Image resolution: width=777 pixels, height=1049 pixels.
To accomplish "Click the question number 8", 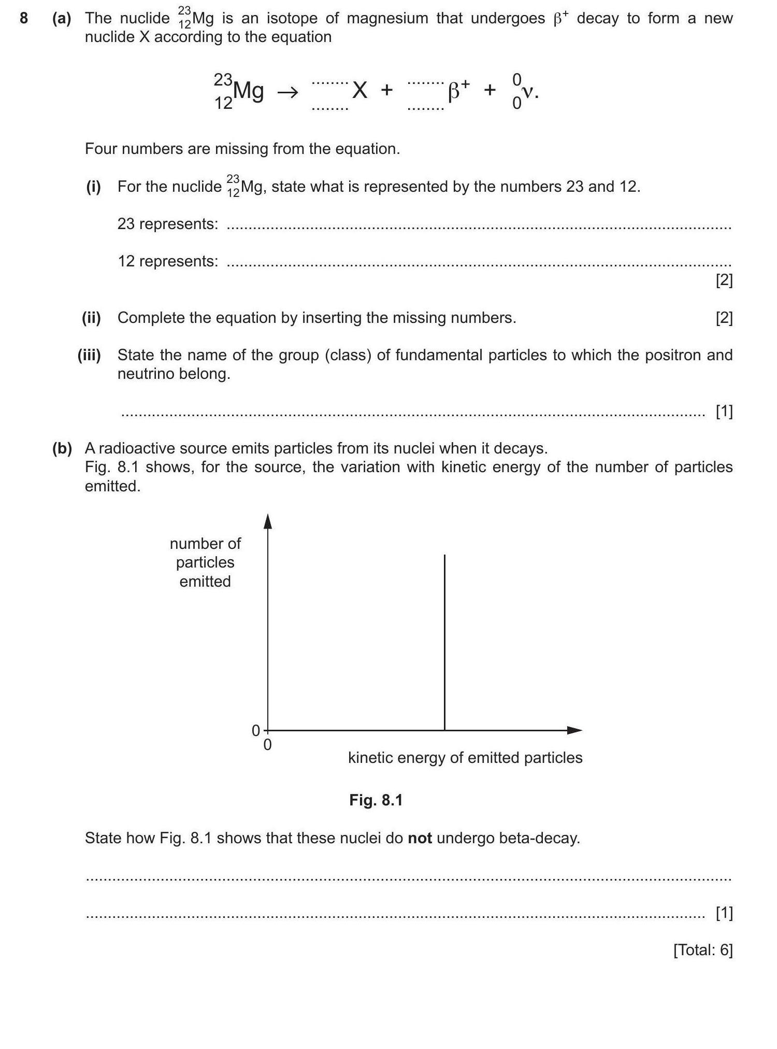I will pos(23,19).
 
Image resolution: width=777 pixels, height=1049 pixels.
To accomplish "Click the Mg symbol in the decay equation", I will pos(248,91).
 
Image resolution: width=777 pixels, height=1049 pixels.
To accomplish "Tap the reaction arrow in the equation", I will pos(287,93).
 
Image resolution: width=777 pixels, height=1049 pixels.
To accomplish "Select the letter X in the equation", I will pos(359,91).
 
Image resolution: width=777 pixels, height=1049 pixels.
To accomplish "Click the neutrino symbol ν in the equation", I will pos(528,92).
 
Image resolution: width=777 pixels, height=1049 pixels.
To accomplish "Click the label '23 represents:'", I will pos(168,224).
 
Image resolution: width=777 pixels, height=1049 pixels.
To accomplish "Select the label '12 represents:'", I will pos(168,261).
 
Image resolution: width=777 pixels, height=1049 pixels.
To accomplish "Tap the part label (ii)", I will pos(92,318).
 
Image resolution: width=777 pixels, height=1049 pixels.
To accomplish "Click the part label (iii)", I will pos(89,355).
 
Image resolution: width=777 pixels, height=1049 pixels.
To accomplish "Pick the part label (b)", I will pos(62,448).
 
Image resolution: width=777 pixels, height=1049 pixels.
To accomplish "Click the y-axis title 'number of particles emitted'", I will pos(205,562).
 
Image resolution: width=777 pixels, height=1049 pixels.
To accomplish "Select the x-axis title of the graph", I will pos(465,758).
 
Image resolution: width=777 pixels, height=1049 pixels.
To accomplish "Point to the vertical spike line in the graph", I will pos(444,643).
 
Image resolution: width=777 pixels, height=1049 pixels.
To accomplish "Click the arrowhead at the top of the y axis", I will pos(268,521).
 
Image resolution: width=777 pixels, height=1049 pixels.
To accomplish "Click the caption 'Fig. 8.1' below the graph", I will pos(376,800).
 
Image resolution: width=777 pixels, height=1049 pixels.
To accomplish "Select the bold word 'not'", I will pos(420,838).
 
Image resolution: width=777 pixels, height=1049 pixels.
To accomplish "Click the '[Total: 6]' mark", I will pos(703,950).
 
